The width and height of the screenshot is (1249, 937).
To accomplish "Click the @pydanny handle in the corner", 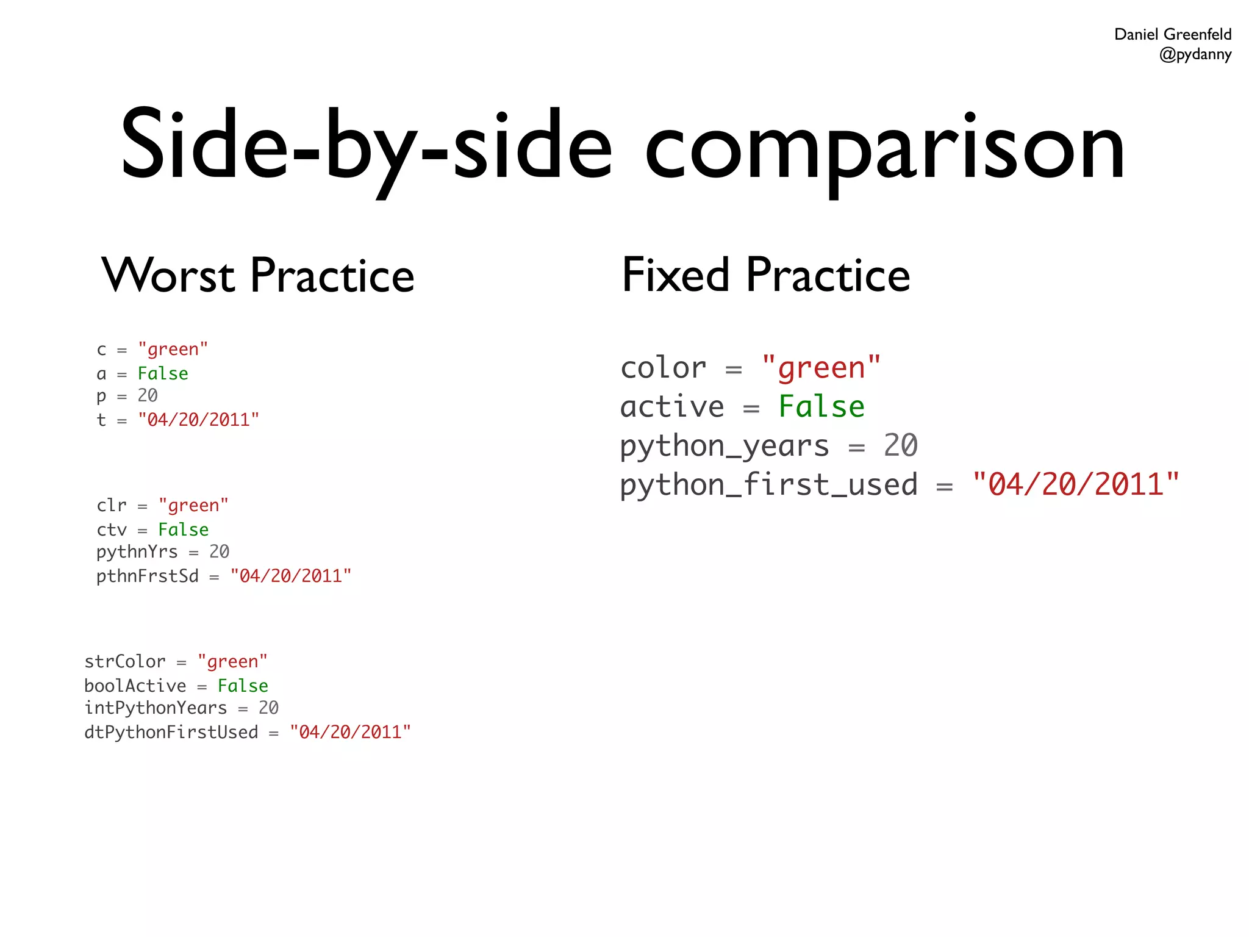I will click(x=1195, y=55).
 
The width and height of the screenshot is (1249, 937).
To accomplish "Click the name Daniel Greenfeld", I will click(x=1172, y=34).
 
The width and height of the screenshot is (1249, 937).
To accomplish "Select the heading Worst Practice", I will click(x=258, y=276).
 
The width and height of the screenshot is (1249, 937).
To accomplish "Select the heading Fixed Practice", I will click(x=765, y=276).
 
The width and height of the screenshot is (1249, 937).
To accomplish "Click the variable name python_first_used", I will click(x=768, y=485).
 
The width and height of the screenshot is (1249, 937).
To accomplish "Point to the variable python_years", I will click(x=725, y=446).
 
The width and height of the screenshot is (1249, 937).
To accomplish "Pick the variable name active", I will click(x=672, y=407).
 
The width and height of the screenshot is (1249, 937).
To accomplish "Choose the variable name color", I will click(x=664, y=368).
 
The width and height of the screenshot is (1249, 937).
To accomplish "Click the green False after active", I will click(x=821, y=407).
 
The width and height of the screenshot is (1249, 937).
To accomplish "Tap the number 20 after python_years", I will click(x=900, y=445).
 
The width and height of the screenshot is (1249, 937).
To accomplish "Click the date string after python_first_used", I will click(x=1076, y=484).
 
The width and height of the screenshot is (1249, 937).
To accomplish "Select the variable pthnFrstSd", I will click(x=148, y=576).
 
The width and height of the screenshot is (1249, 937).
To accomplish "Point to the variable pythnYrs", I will click(x=137, y=552).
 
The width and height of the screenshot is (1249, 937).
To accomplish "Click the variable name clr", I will click(x=112, y=506).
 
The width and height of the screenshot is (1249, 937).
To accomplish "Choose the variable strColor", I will click(x=125, y=661).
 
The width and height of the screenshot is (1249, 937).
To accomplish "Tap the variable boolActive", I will click(x=135, y=686).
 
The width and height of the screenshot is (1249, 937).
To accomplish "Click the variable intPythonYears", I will click(x=156, y=708).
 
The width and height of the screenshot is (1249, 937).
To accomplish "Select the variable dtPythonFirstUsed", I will click(x=171, y=732).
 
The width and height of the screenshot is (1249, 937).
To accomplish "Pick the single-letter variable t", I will click(x=101, y=420).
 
